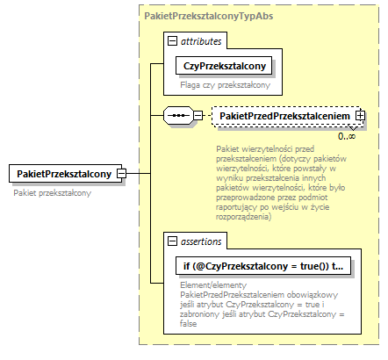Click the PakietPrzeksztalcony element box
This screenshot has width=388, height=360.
click(62, 174)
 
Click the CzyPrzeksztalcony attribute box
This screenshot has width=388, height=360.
click(226, 66)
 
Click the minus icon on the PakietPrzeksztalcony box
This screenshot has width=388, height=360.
click(122, 174)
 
